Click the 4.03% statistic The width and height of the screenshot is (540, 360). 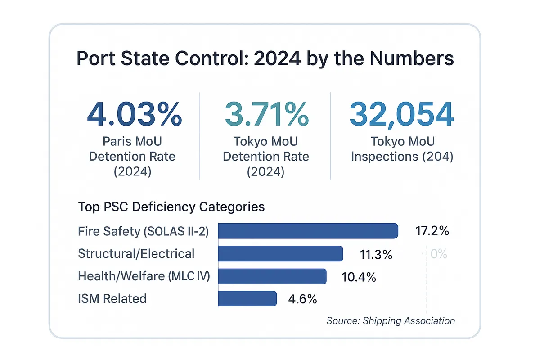point(134,114)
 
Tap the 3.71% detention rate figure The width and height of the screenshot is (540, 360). point(266,114)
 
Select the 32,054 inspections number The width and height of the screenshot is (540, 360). point(401,114)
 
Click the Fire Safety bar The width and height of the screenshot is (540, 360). point(308,231)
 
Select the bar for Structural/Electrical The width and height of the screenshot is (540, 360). point(280,254)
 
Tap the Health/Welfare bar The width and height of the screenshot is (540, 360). point(272,276)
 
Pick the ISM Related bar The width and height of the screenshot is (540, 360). point(247,298)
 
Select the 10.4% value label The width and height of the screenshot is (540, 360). point(359,277)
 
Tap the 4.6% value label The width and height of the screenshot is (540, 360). point(302,299)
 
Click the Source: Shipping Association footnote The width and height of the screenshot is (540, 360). point(391,321)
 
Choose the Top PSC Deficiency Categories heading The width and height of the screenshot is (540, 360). point(171,207)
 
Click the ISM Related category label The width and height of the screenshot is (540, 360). point(112,298)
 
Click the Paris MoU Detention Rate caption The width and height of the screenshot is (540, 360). point(132,157)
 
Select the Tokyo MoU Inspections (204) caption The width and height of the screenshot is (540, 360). point(402,149)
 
